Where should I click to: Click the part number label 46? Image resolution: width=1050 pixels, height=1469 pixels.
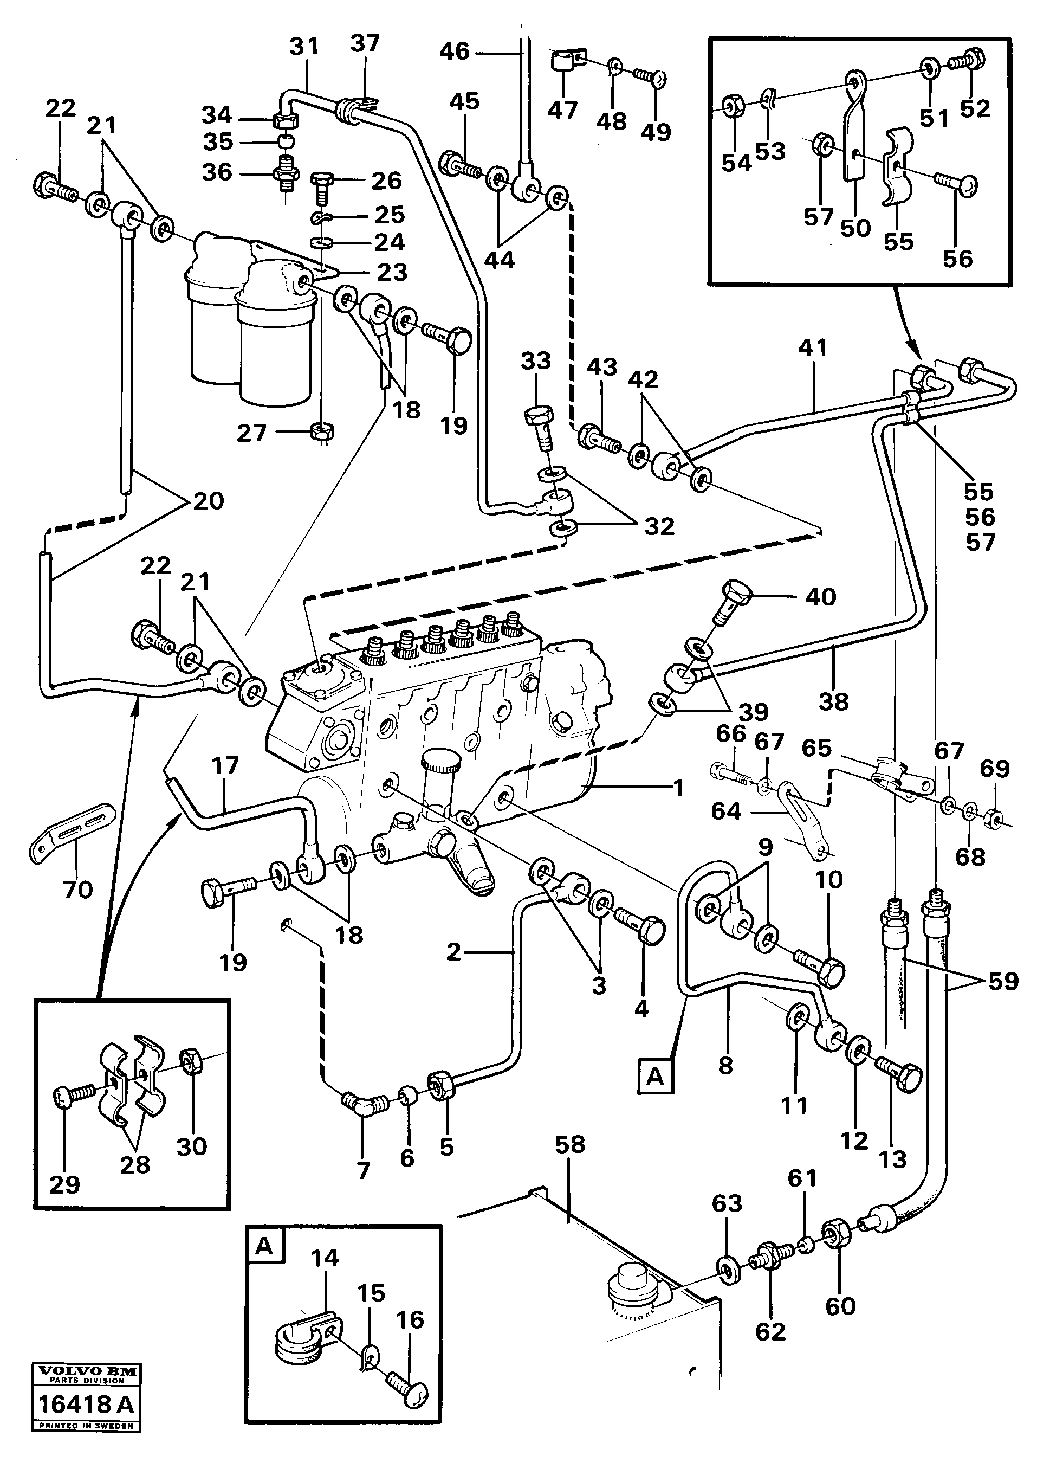(x=454, y=51)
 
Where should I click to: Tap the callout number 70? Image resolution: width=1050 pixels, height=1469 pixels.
(x=77, y=890)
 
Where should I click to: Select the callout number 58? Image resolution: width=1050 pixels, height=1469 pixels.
(x=569, y=1144)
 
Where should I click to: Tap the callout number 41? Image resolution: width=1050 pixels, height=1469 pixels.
(x=812, y=348)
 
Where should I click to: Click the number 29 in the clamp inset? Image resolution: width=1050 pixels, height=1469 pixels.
(x=64, y=1184)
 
